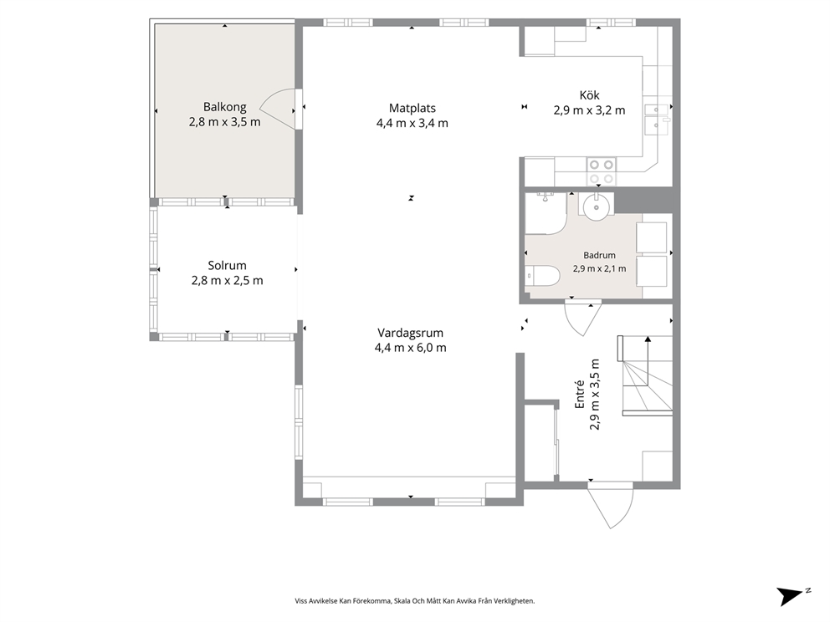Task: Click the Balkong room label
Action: tap(225, 107)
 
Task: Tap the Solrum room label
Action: tap(227, 266)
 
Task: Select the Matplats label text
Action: tap(412, 109)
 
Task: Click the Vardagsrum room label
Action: tap(410, 334)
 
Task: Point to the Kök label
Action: tap(589, 95)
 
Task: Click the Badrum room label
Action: tap(599, 256)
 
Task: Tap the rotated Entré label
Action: tap(580, 395)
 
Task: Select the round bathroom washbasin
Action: tap(596, 205)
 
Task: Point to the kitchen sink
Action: tap(657, 119)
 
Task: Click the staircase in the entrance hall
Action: tap(645, 375)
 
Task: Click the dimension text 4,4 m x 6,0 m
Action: tap(410, 348)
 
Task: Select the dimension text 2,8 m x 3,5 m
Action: tap(225, 122)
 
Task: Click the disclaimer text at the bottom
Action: tap(414, 601)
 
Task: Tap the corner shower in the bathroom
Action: tap(546, 214)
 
